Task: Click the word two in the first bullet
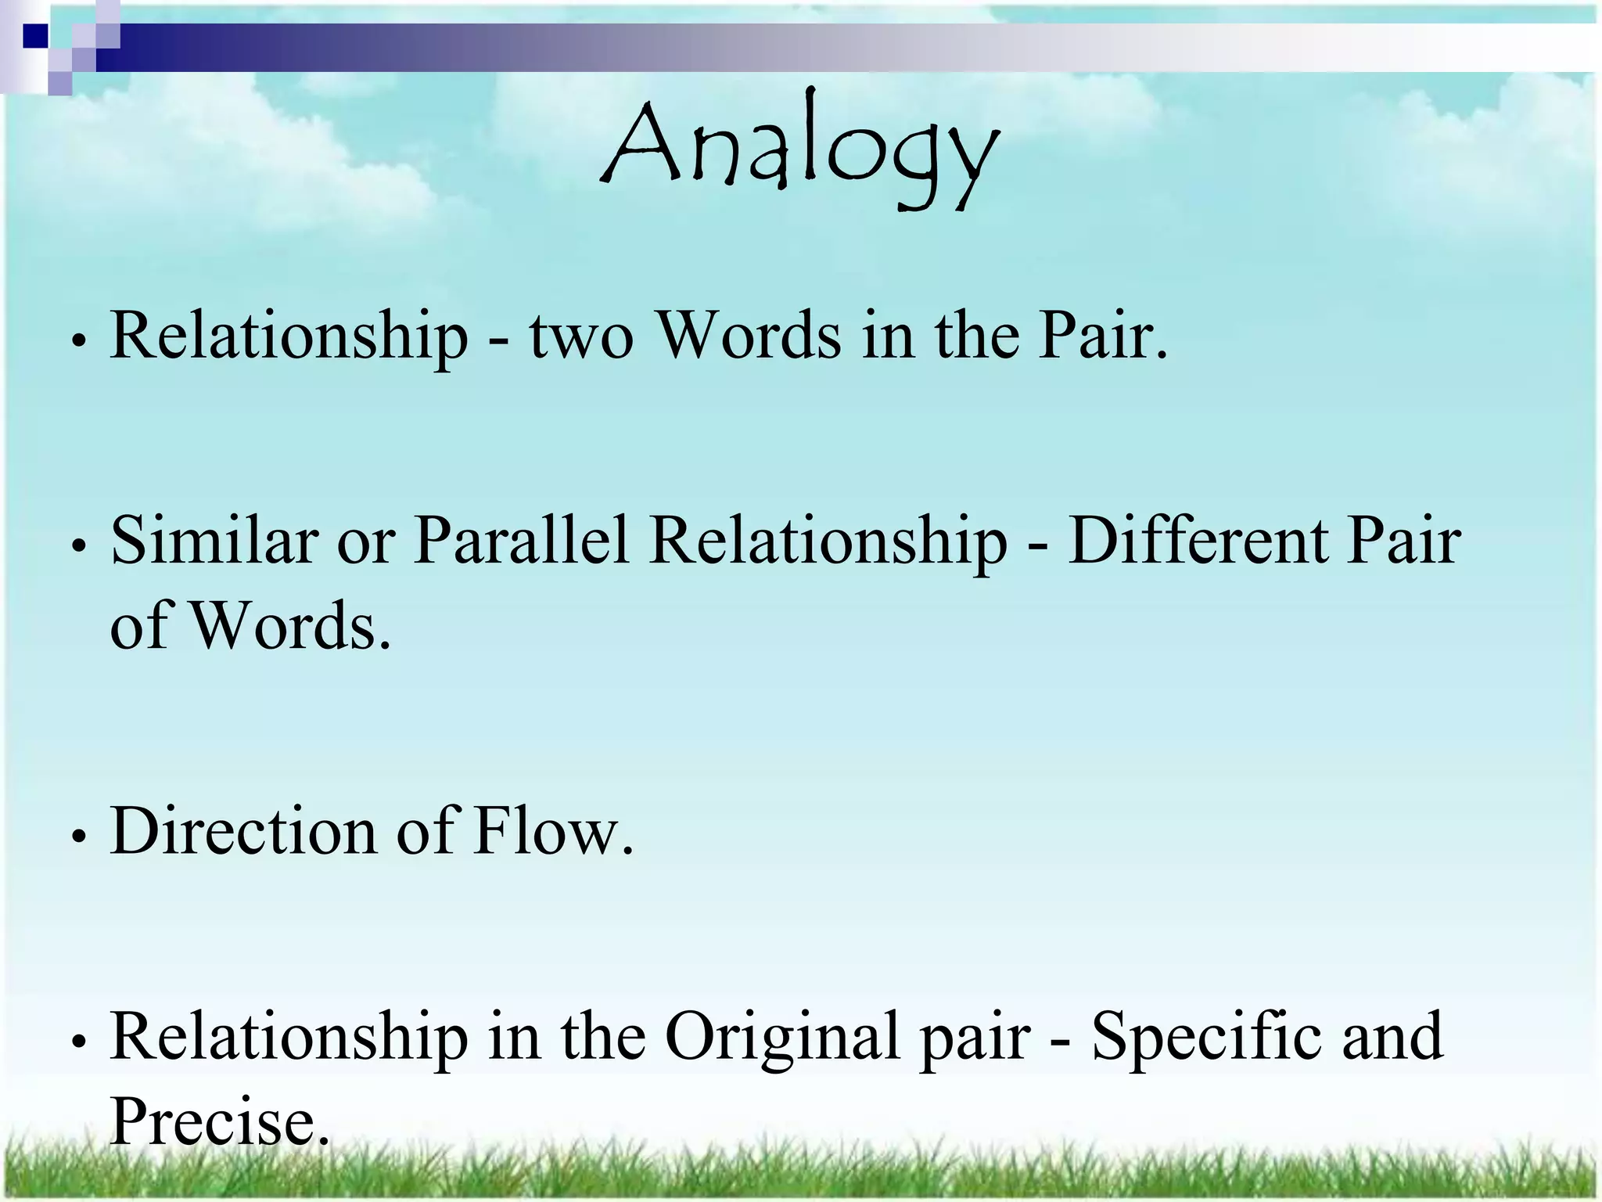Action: click(580, 336)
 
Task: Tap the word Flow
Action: click(553, 831)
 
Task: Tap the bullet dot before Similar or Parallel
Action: click(77, 547)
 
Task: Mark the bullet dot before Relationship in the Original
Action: click(77, 1042)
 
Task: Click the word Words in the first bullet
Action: click(749, 336)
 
